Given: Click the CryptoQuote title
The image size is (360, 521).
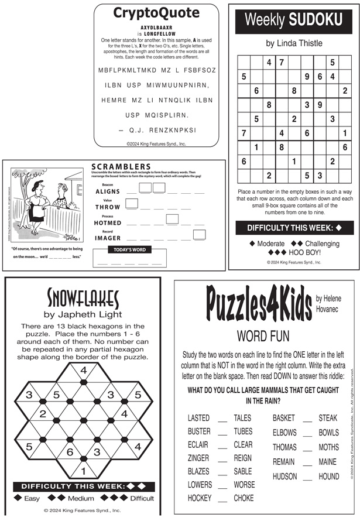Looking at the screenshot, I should point(156,13).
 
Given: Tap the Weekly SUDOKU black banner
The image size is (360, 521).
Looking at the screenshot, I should point(293,20).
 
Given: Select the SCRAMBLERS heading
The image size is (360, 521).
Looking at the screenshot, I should point(121,167).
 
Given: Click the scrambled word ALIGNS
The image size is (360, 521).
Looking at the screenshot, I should point(107,191).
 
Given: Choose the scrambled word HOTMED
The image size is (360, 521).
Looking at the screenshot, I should point(107,223).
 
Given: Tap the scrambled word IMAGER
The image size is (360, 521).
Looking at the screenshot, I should point(107,238).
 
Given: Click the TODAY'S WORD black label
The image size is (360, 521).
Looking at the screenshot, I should point(130,249).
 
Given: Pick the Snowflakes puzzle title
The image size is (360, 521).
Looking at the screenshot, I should point(83,299).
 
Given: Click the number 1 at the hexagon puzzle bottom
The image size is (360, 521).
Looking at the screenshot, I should point(83,470).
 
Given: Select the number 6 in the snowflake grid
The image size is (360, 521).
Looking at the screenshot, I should point(70,451).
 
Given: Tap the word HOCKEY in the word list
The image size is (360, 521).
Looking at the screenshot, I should point(200,498).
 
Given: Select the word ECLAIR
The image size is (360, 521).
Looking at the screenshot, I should point(198,445).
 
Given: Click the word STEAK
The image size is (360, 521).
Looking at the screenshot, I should point(328,418).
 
